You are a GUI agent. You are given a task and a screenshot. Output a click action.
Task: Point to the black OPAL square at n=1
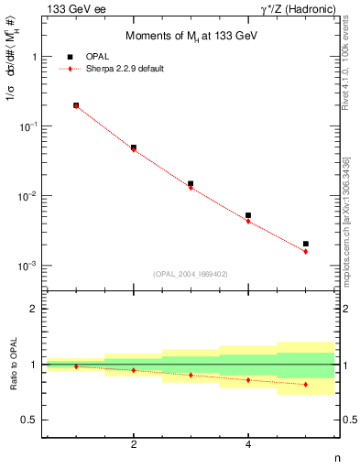tap(76, 105)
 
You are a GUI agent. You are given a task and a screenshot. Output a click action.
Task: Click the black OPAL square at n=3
tap(191, 183)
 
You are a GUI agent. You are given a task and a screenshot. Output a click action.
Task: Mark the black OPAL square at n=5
tap(306, 244)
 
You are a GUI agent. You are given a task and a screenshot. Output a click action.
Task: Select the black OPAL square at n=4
tap(248, 215)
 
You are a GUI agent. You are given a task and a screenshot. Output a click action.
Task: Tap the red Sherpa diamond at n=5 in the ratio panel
tap(306, 384)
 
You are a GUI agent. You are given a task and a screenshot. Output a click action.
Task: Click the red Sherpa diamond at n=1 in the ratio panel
tap(76, 366)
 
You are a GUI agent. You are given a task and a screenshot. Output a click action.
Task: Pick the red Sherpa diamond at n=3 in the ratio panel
tap(191, 375)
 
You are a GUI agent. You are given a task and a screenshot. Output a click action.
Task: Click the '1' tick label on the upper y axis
tap(34, 57)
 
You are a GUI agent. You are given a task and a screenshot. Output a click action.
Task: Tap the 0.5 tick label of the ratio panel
tap(29, 420)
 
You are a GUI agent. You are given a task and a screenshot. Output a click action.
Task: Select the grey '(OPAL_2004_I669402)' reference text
tap(191, 273)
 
